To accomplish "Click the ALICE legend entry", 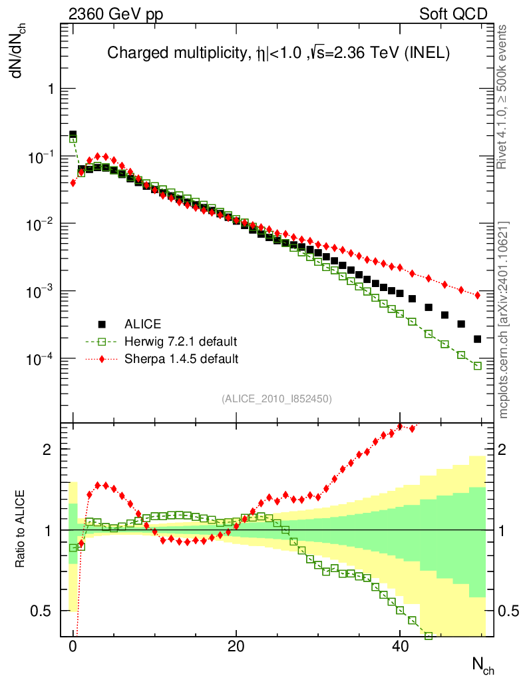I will coord(142,324).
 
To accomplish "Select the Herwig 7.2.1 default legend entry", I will coord(180,342).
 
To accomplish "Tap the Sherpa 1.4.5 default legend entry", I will coord(181,359).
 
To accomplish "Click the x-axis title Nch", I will coord(483,665).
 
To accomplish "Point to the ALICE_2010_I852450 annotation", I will coord(277,399).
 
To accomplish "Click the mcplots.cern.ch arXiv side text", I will coord(504,320).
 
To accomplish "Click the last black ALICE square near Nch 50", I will coord(477,339).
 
